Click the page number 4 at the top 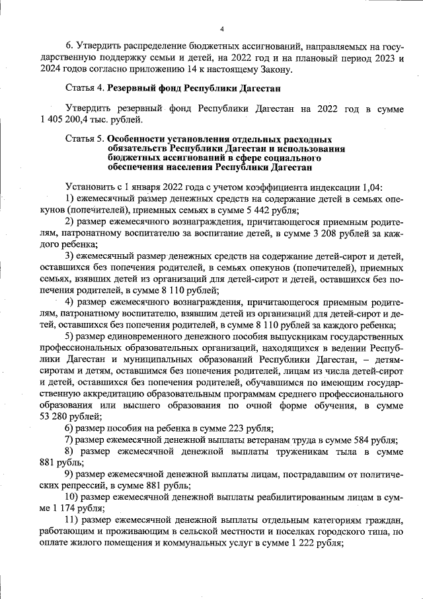coord(222,28)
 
